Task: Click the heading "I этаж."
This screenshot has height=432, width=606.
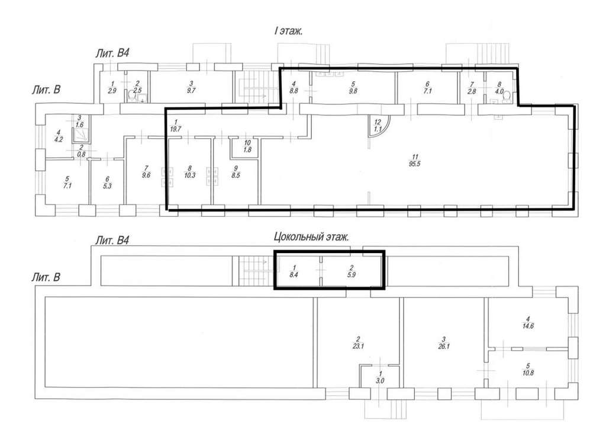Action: click(x=288, y=31)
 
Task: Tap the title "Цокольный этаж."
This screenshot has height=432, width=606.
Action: click(x=311, y=236)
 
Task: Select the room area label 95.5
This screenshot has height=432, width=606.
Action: click(x=416, y=164)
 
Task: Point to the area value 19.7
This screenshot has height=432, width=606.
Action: click(x=175, y=129)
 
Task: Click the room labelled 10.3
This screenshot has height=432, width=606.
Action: click(x=189, y=171)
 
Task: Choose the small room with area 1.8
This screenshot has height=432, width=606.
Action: click(x=247, y=147)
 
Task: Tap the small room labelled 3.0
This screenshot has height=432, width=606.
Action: click(x=381, y=377)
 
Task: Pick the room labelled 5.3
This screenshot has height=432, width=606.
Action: click(x=107, y=182)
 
